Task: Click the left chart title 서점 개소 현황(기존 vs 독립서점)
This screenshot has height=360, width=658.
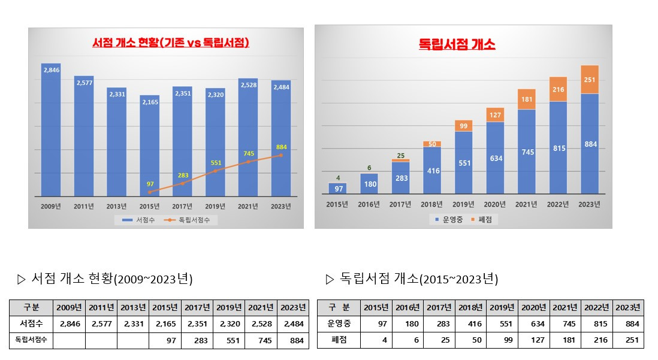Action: [x=171, y=43]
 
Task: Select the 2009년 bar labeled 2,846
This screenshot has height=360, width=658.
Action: [x=51, y=129]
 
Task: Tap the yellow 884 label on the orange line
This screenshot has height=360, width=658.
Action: [x=281, y=147]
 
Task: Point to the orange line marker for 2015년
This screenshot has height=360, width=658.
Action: [x=149, y=192]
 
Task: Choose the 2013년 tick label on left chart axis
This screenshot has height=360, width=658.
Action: [x=116, y=206]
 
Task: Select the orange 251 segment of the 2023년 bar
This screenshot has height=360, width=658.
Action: [x=589, y=80]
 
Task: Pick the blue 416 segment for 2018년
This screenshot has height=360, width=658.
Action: [x=433, y=171]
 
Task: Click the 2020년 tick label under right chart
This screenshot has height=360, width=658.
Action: [x=495, y=205]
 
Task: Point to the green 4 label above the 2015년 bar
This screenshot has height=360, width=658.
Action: [x=339, y=177]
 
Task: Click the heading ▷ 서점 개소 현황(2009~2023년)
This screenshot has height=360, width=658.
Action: [x=105, y=279]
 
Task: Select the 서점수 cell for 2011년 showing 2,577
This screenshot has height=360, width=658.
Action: [x=101, y=324]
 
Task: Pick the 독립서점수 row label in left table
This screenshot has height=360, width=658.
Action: [x=31, y=340]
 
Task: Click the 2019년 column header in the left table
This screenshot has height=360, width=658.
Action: [x=230, y=307]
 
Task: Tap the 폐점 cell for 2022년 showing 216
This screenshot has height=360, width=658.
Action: [x=597, y=340]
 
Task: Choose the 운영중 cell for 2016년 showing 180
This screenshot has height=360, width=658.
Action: [x=408, y=324]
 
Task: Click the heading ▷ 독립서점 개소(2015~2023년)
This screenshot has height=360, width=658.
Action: [x=412, y=279]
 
